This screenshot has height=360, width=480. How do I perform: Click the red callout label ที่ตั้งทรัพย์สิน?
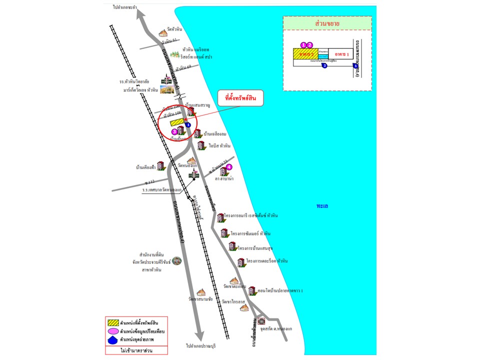[240, 99]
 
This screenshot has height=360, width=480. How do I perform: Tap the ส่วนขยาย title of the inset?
[327, 23]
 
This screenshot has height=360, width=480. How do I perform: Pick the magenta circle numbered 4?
[229, 167]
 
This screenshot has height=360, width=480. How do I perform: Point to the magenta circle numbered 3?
[174, 131]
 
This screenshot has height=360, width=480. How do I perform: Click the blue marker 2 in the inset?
[324, 65]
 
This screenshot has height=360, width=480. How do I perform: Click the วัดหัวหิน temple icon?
[162, 33]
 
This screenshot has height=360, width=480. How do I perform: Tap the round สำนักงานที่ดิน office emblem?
[176, 260]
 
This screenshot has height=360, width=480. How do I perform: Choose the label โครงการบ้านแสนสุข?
[258, 247]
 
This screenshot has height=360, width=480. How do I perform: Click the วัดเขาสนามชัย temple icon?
[201, 292]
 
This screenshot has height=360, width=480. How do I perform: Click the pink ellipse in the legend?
[112, 330]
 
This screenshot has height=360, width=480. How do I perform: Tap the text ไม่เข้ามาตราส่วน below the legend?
[136, 350]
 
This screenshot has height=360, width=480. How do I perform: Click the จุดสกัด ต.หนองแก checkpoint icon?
[261, 319]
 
